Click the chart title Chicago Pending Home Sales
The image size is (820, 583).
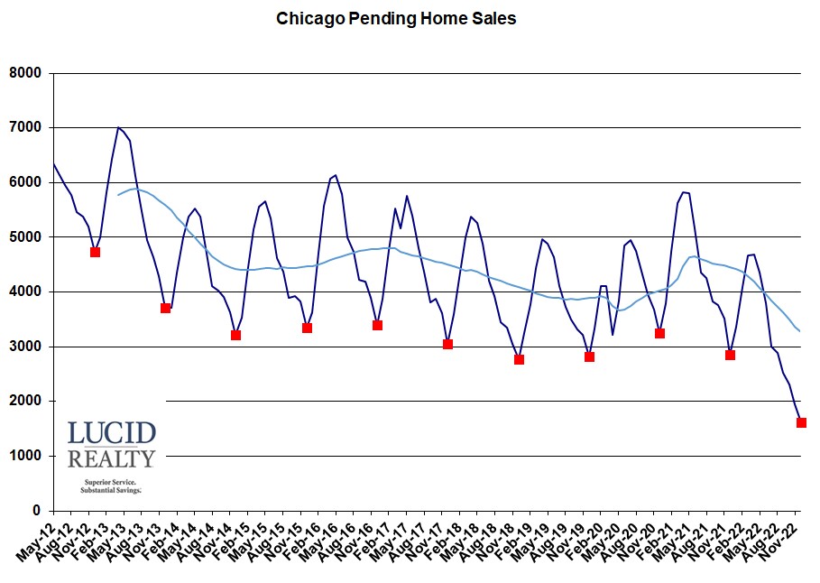tap(396, 18)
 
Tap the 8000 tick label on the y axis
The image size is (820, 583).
tap(26, 73)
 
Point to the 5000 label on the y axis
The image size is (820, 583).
tap(26, 237)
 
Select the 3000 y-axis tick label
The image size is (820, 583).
tap(26, 347)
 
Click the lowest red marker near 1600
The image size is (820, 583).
tap(801, 422)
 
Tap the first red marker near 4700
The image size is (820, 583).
tap(95, 252)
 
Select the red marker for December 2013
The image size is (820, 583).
tap(165, 308)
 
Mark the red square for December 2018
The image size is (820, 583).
tap(519, 359)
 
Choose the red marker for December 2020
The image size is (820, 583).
tap(659, 333)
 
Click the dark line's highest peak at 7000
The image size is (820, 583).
tap(118, 127)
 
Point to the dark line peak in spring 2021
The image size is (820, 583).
tap(684, 191)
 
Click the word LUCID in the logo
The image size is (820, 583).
tap(111, 433)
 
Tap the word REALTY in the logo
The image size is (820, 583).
tap(111, 458)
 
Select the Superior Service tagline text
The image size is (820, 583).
tap(111, 483)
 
